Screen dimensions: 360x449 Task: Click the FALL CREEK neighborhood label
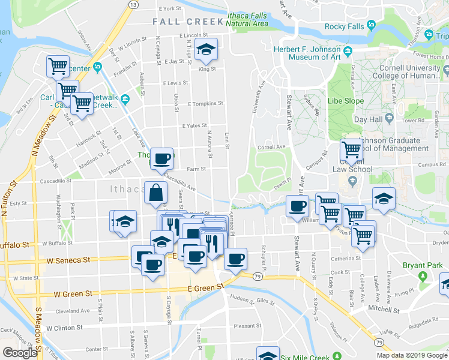click(188, 22)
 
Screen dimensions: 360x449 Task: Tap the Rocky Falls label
click(344, 26)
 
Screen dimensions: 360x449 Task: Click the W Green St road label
click(73, 294)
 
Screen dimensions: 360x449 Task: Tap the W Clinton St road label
click(62, 328)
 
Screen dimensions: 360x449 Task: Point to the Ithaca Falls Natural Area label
click(247, 19)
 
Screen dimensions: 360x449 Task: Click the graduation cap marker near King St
click(206, 51)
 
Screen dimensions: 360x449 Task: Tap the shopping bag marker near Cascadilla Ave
click(155, 193)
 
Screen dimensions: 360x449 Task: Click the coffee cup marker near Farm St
click(161, 159)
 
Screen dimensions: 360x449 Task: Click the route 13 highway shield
click(132, 4)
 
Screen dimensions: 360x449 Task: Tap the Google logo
click(19, 353)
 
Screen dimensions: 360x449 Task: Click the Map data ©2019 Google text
click(412, 355)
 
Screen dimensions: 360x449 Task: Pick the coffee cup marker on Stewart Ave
click(297, 207)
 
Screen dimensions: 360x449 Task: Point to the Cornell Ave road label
click(271, 147)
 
